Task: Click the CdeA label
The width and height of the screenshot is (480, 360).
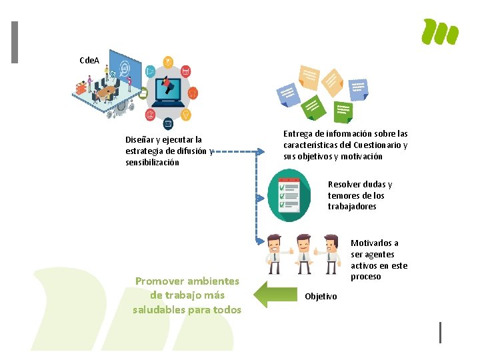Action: [89, 61]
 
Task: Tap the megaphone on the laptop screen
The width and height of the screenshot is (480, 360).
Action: [168, 87]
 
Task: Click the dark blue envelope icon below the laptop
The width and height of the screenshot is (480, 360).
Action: [168, 123]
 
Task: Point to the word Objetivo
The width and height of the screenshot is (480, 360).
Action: [321, 296]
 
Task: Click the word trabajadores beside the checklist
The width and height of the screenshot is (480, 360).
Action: [352, 207]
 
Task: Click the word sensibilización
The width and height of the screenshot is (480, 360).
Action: [152, 162]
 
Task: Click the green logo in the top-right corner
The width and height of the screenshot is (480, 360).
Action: [441, 32]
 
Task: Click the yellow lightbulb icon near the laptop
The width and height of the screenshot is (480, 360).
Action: [187, 114]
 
